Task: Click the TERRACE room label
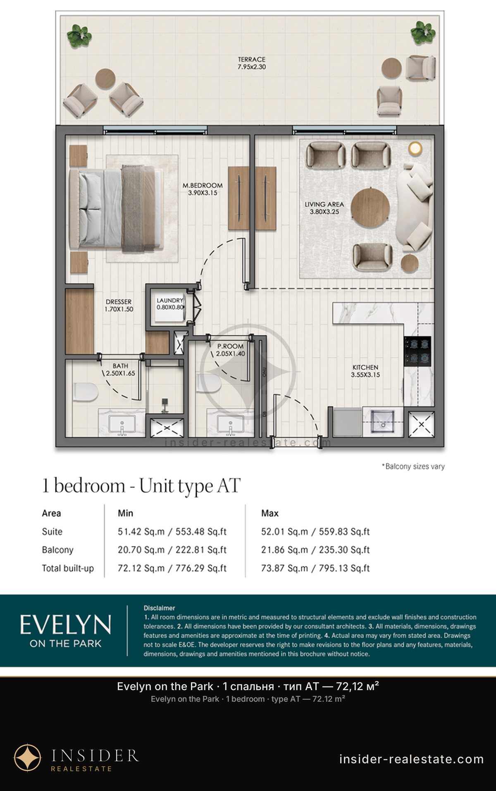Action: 251,59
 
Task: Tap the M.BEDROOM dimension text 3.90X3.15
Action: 203,193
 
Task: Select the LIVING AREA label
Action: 324,204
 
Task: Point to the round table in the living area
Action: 370,208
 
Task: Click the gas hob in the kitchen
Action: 417,351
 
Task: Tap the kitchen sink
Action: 383,422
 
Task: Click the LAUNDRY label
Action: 170,301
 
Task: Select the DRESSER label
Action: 119,302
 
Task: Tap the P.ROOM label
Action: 231,346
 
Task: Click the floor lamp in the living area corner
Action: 415,148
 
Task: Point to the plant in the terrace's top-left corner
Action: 79,35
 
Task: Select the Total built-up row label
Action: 68,568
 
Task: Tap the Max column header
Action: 270,513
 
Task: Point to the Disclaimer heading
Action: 159,608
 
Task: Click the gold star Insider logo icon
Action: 28,758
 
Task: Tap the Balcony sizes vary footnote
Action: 413,466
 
